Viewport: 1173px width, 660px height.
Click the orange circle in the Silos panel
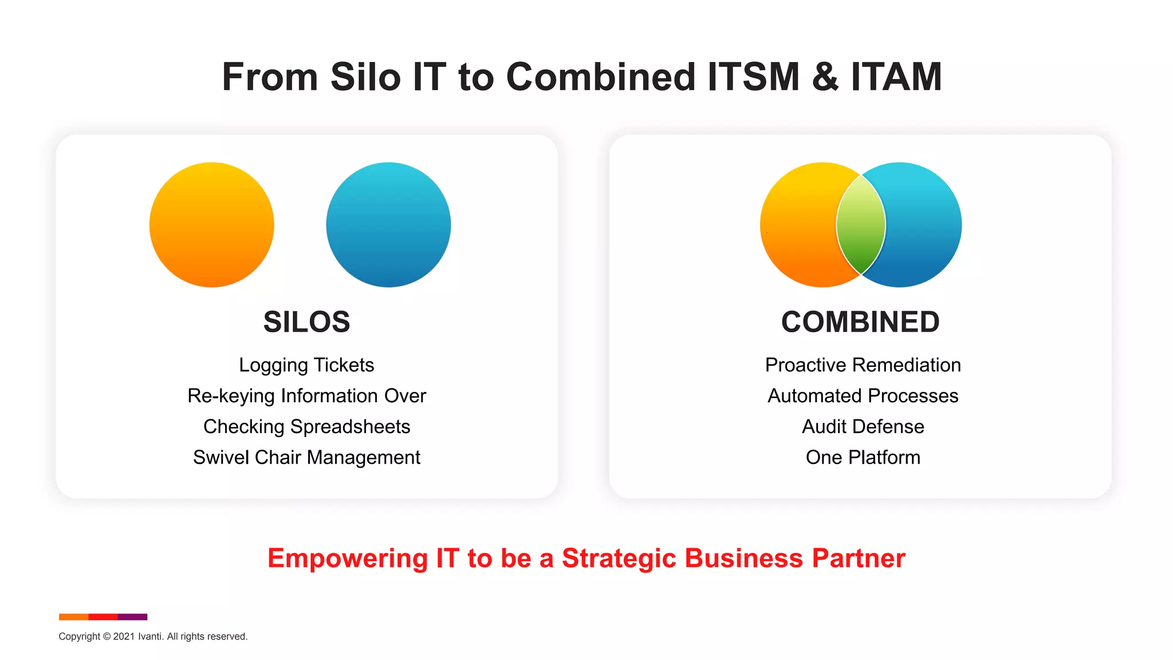click(211, 225)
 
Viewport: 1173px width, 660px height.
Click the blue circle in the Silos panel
click(388, 225)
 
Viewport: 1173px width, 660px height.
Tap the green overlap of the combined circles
click(861, 225)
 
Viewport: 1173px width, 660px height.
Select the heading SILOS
click(306, 322)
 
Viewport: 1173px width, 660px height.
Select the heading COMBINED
click(860, 322)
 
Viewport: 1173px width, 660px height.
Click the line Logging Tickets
click(306, 365)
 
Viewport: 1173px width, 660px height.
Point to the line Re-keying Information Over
click(306, 396)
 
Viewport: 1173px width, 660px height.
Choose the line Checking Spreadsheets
click(306, 427)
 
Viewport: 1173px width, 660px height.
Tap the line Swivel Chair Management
click(306, 458)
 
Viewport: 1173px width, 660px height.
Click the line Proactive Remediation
click(863, 365)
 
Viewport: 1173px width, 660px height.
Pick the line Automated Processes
click(863, 396)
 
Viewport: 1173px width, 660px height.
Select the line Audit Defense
click(863, 427)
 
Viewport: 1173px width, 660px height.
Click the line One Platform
click(863, 458)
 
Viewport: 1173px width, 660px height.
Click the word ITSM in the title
click(753, 77)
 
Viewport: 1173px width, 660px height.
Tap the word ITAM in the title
click(896, 77)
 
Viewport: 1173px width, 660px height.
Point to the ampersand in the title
click(825, 77)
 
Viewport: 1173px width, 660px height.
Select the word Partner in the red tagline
click(859, 558)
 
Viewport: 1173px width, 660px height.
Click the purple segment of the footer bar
click(132, 617)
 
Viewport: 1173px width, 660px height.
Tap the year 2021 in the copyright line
click(124, 637)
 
